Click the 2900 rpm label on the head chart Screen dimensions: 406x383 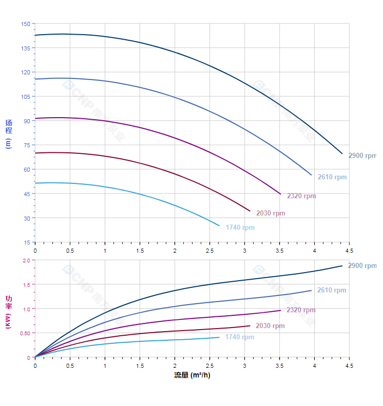[x=362, y=156]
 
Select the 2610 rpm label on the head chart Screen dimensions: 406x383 [x=332, y=177]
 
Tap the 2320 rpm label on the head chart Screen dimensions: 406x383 [x=302, y=196]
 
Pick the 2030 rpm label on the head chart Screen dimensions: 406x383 [x=270, y=213]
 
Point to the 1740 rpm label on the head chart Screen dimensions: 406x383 [x=240, y=228]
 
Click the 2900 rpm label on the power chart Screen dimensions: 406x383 [x=362, y=266]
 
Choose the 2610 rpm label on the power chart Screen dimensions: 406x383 [x=332, y=290]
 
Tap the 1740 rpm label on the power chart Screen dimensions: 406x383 [x=239, y=337]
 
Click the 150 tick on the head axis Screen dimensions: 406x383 [x=25, y=24]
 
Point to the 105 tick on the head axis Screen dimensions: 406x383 [x=25, y=97]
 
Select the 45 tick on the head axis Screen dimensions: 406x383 [x=26, y=194]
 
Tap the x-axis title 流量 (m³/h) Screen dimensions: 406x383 [x=192, y=375]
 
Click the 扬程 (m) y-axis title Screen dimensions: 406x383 [x=8, y=133]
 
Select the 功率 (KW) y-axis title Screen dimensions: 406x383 [x=8, y=311]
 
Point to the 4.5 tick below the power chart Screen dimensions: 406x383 [x=349, y=366]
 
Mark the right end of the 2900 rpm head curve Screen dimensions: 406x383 [x=342, y=153]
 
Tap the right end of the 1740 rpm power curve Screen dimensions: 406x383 [x=220, y=337]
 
